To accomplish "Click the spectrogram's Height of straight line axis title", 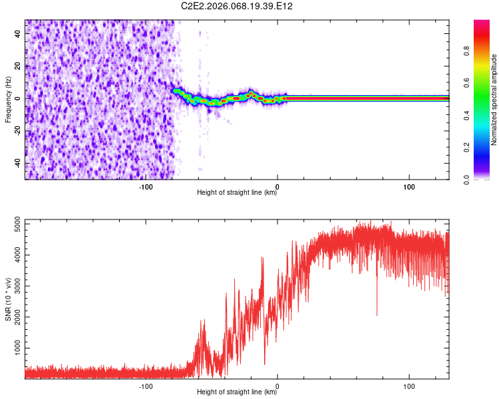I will pyautogui.click(x=237, y=194).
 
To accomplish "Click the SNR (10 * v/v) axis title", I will pyautogui.click(x=8, y=299).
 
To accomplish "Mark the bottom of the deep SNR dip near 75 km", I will pyautogui.click(x=377, y=315).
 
